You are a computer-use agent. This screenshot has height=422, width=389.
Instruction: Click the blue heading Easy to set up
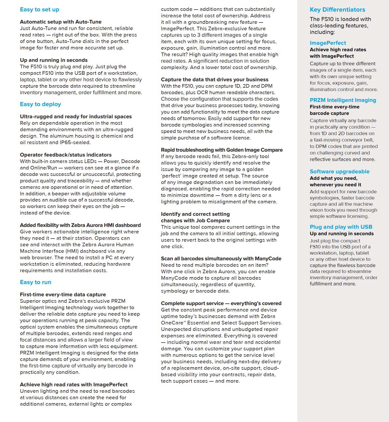pos(39,10)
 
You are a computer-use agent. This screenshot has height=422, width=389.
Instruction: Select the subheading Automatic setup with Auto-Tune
pos(61,22)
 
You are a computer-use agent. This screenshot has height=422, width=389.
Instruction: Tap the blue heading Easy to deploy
pos(40,104)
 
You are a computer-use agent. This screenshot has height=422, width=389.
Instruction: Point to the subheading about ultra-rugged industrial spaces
pos(76,116)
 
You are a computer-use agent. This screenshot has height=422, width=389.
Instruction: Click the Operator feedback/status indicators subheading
pos(66,155)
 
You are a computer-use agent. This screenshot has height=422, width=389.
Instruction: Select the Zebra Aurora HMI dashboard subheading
pos(80,225)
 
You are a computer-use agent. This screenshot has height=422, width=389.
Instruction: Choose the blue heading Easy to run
pos(35,282)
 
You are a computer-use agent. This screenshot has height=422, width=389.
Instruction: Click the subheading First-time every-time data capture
pos(63,294)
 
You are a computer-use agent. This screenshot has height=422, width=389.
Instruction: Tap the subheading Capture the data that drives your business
pos(214,79)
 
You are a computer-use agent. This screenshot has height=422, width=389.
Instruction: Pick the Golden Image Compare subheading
pos(222,150)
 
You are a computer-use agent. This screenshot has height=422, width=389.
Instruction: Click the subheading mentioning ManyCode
pos(221,258)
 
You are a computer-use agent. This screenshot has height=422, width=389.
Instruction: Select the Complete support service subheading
pos(221,303)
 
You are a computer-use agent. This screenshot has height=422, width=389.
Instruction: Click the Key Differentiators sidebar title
pos(337,10)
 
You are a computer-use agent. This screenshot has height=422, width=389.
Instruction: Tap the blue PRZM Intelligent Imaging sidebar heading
pos(343,100)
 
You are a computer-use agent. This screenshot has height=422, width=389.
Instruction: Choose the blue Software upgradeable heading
pos(339,172)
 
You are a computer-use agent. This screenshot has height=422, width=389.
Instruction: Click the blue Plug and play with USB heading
pos(341,227)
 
